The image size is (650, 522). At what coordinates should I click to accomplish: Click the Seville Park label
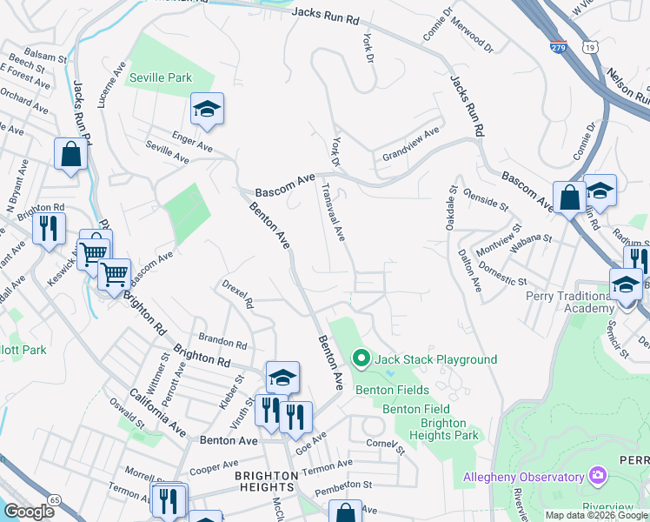160,77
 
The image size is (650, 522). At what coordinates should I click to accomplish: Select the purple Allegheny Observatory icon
596,476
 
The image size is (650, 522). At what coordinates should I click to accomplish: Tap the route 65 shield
55,499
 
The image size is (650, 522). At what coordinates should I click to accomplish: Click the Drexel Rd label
237,294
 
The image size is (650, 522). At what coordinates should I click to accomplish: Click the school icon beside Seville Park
207,110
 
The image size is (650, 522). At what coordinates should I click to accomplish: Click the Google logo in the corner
29,512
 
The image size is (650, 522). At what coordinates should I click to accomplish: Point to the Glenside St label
485,198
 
